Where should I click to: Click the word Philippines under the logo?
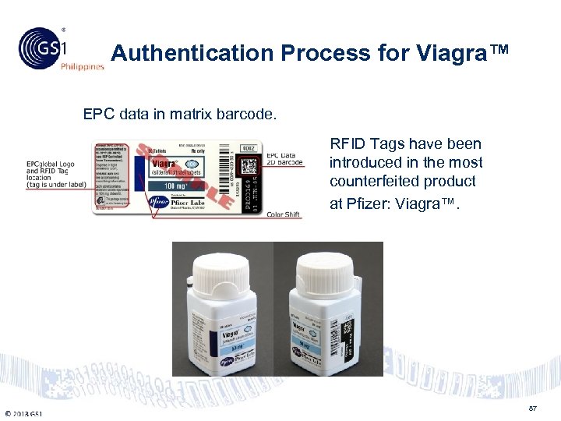coord(83,67)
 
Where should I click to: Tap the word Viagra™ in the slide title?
coord(471,53)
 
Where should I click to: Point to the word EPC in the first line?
coord(99,115)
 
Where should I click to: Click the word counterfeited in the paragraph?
coord(369,181)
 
